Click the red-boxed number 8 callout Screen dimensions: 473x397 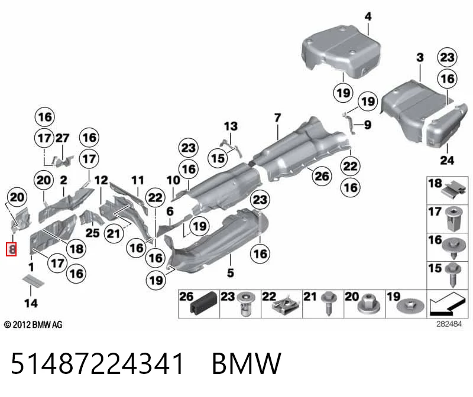tap(11, 249)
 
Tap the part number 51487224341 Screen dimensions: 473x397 tap(98, 363)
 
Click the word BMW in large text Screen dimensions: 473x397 tap(247, 363)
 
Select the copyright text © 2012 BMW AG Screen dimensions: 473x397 tap(33, 325)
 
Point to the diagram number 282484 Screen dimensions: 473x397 tap(449, 324)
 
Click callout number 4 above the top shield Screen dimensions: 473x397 tap(368, 17)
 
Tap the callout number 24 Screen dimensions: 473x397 tap(447, 160)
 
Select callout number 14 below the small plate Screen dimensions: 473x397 tap(31, 303)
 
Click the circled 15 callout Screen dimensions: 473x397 tap(218, 158)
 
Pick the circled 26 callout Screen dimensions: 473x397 tap(322, 175)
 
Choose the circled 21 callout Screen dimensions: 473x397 tap(114, 233)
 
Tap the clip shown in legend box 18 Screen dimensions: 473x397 tap(455, 189)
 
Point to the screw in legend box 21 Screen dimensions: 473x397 tap(329, 303)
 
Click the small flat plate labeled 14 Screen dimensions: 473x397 tap(34, 281)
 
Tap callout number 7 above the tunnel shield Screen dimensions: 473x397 tap(277, 118)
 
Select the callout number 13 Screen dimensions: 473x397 tap(231, 126)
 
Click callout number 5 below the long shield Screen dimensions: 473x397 tap(230, 273)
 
